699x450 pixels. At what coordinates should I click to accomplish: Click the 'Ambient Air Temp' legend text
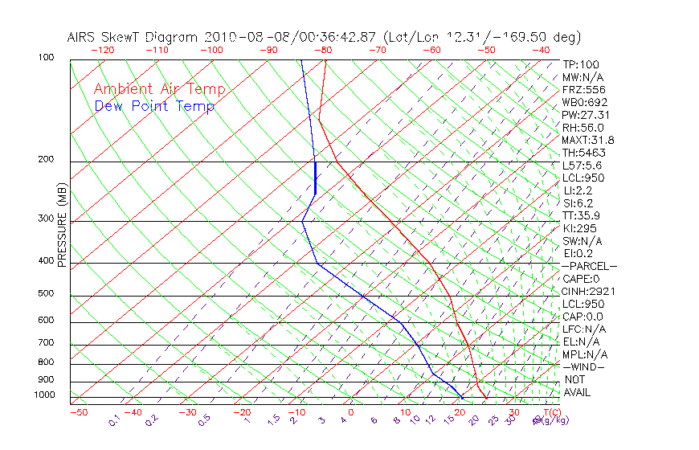pos(159,89)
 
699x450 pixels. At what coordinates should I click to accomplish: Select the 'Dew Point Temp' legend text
pos(154,106)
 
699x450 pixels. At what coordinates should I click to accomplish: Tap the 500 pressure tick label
pos(46,294)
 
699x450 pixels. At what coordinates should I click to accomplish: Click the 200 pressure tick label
pos(46,160)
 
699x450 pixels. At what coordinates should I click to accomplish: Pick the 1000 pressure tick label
pos(43,395)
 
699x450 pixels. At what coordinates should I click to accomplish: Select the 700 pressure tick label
pos(46,343)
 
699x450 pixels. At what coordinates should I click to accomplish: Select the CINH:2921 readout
pos(585,291)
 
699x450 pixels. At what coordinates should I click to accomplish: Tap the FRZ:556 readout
pos(582,90)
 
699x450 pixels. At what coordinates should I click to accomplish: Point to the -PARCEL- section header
pos(589,266)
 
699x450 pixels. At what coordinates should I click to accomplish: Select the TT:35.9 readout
pos(580,215)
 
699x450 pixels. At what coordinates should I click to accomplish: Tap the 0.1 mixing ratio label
pos(114,419)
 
